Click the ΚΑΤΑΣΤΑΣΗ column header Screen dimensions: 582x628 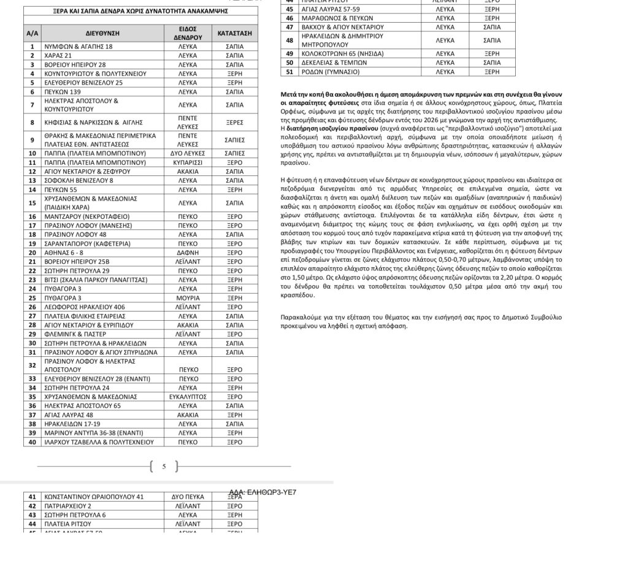click(234, 33)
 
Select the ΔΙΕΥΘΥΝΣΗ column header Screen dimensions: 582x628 click(102, 33)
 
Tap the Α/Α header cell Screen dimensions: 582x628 click(33, 33)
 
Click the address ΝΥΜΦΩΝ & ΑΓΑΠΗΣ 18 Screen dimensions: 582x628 click(78, 47)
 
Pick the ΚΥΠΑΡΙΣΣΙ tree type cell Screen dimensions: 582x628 click(188, 163)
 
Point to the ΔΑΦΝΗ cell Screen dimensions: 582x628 click(188, 253)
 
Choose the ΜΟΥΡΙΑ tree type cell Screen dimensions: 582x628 click(188, 298)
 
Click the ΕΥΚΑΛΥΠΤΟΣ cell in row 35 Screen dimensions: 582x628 click(188, 397)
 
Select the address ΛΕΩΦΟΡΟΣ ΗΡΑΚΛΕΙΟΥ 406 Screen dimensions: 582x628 click(84, 307)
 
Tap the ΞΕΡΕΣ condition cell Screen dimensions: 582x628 click(234, 122)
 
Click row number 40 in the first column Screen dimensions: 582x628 click(33, 442)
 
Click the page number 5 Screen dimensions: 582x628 click(164, 467)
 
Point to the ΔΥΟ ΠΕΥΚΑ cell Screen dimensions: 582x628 click(188, 497)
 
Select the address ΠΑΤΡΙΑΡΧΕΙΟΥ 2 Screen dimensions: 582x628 click(68, 506)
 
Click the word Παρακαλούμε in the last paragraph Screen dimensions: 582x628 click(301, 318)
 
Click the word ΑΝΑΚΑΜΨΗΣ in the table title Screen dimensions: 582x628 click(206, 11)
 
